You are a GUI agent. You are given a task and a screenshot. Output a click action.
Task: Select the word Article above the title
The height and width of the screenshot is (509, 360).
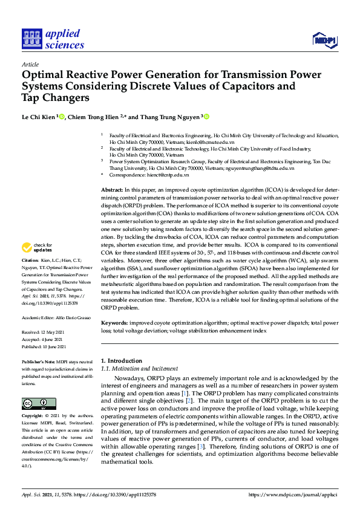[x=30, y=64]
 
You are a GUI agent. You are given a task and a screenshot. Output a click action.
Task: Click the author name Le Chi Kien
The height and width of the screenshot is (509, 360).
[x=39, y=117]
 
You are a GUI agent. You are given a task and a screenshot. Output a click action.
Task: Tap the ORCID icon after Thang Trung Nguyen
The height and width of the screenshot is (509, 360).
[x=206, y=117]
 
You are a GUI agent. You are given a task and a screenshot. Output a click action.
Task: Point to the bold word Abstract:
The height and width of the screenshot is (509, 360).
[x=112, y=190]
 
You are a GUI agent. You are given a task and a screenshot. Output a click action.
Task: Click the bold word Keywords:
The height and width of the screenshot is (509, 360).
[x=115, y=323]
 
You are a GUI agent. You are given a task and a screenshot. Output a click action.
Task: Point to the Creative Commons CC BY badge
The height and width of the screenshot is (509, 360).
[x=39, y=403]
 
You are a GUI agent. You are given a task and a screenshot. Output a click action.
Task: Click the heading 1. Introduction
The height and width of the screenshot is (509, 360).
[x=121, y=361]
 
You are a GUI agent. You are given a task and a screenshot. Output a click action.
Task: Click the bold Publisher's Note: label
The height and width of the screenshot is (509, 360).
[x=39, y=360]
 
